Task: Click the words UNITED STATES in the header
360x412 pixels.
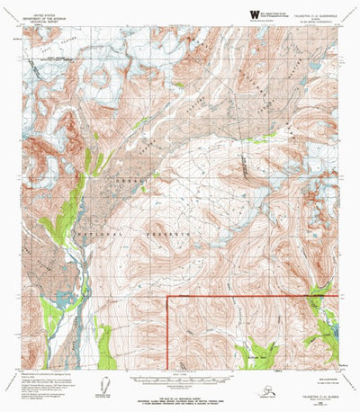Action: coord(42,15)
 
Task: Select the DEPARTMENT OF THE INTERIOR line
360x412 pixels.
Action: coord(42,19)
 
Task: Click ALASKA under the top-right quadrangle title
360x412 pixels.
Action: coord(312,20)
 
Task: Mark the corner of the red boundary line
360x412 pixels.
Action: coord(170,296)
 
